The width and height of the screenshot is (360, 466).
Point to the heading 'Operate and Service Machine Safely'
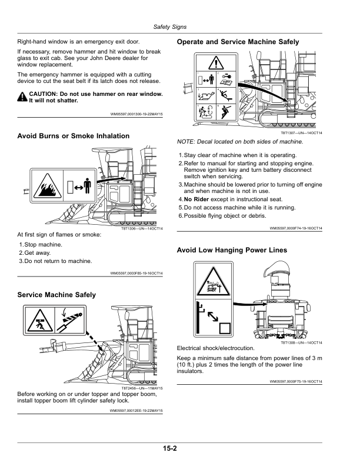238,42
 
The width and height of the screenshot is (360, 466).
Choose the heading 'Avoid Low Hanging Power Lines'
232,250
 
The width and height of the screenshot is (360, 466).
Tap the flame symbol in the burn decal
48,188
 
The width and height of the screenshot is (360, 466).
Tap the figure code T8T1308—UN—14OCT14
301,342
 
